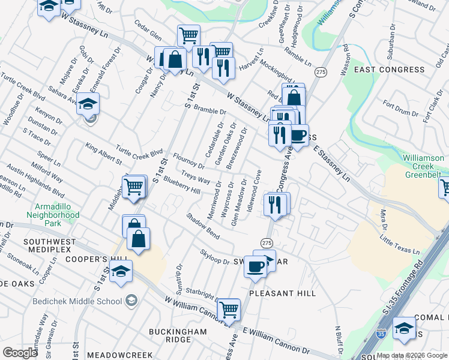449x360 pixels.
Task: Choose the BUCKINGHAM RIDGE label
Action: [x=178, y=335]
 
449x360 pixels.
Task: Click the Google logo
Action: [x=20, y=353]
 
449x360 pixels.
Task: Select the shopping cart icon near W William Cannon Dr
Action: [x=229, y=310]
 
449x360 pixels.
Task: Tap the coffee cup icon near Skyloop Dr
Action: [x=256, y=265]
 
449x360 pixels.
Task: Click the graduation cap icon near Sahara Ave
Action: [x=88, y=105]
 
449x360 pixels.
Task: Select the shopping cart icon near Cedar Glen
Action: [x=189, y=36]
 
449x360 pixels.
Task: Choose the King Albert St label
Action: [x=104, y=154]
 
